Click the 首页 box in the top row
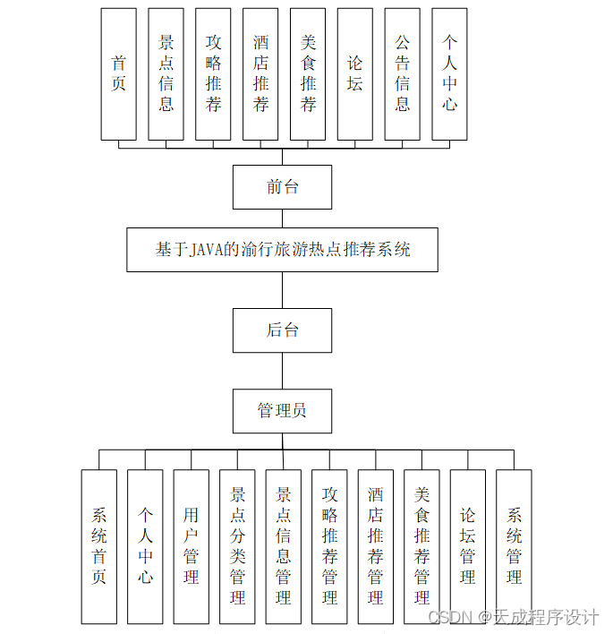pyautogui.click(x=118, y=74)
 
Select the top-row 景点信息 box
pyautogui.click(x=166, y=74)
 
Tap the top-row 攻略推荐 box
pyautogui.click(x=213, y=74)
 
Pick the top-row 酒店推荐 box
pyautogui.click(x=260, y=74)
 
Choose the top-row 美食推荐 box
pyautogui.click(x=308, y=74)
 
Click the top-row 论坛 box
pyautogui.click(x=355, y=74)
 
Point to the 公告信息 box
pyautogui.click(x=403, y=74)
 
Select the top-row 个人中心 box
pyautogui.click(x=449, y=74)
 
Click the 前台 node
pyautogui.click(x=282, y=187)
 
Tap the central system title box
pyautogui.click(x=282, y=250)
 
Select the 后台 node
pyautogui.click(x=282, y=330)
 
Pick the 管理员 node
pyautogui.click(x=282, y=411)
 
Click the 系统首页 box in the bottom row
pyautogui.click(x=98, y=546)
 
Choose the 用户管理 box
pyautogui.click(x=191, y=546)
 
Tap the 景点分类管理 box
pyautogui.click(x=237, y=546)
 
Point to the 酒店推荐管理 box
pyautogui.click(x=375, y=546)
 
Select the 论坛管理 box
pyautogui.click(x=467, y=546)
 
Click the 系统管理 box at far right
pyautogui.click(x=514, y=546)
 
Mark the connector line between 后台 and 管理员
pyautogui.click(x=282, y=371)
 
